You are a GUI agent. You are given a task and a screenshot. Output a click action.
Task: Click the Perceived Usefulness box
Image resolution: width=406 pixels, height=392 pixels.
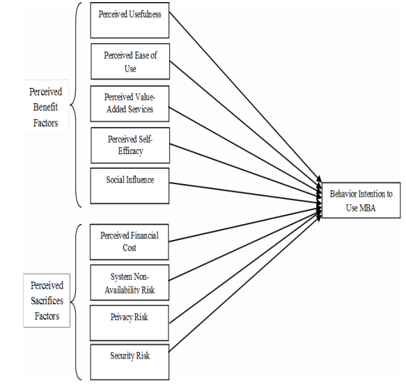[x=130, y=20]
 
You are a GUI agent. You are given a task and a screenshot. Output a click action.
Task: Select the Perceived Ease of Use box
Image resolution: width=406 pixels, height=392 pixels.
[x=130, y=61]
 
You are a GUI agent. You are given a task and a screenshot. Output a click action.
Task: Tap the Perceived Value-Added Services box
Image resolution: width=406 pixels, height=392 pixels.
[x=130, y=103]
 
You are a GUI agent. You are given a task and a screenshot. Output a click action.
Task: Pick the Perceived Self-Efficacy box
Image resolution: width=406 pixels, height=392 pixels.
[x=130, y=144]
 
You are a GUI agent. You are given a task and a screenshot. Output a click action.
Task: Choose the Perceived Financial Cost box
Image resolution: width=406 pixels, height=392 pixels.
[x=129, y=241]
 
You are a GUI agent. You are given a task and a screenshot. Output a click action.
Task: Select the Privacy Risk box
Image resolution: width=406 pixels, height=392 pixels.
[x=129, y=322]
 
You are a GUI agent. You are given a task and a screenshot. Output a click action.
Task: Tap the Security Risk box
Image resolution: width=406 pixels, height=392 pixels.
[x=129, y=361]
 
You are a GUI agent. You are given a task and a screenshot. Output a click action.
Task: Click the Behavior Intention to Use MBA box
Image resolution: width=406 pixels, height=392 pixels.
[x=361, y=199]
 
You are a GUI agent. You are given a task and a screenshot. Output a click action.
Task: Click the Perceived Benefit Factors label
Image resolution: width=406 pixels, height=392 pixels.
[x=45, y=107]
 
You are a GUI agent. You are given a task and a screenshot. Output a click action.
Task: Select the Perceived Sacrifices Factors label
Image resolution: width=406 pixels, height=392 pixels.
[x=47, y=301]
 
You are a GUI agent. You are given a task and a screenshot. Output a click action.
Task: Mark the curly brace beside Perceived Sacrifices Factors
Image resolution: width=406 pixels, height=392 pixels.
[x=78, y=301]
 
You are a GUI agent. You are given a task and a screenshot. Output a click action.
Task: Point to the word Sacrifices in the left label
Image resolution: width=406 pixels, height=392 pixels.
[x=47, y=301]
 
